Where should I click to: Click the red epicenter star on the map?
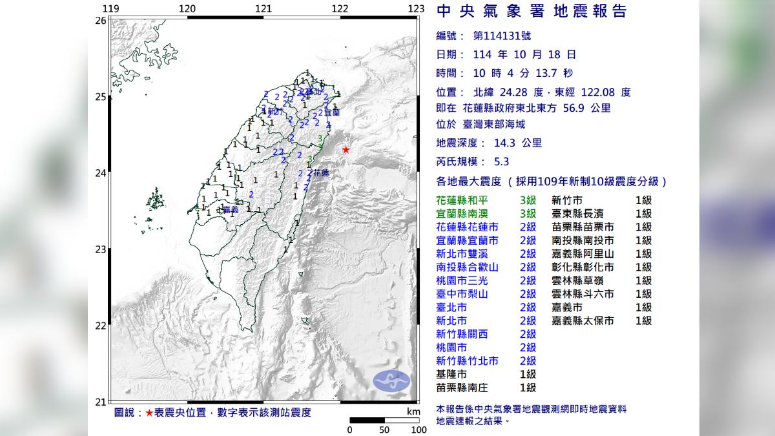(x=346, y=150)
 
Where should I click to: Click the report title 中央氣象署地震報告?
(x=532, y=11)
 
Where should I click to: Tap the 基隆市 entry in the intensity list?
(x=451, y=374)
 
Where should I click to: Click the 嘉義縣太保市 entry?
(x=583, y=320)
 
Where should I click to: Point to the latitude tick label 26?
(x=100, y=21)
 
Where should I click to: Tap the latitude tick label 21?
(x=100, y=401)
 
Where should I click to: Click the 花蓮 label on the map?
(x=321, y=173)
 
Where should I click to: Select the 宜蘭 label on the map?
(x=332, y=112)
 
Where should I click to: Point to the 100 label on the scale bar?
(x=418, y=430)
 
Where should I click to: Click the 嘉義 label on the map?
(x=229, y=209)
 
